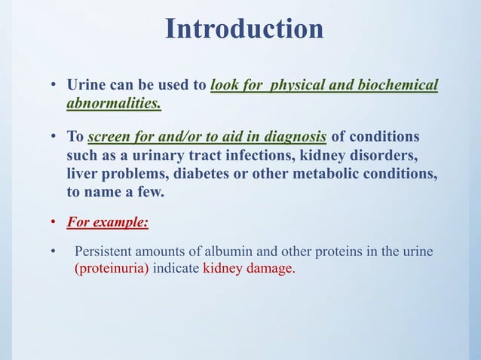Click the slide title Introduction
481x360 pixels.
244,29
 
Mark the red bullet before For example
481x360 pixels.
54,224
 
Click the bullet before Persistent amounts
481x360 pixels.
54,252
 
